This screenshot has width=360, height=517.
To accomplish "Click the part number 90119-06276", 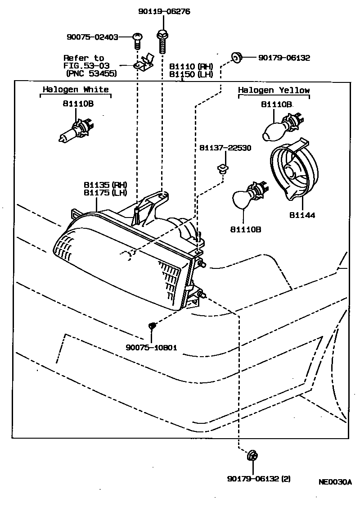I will pos(164,11).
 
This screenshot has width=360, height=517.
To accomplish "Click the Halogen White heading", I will pos(76,90).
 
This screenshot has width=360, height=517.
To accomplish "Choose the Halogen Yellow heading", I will pos(274,91).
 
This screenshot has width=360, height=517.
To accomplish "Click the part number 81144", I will pos(302,215).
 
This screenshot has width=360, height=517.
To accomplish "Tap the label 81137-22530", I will pos(225,148).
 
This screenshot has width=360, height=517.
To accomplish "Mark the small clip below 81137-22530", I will pos(221,169).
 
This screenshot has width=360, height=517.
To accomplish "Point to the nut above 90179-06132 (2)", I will pos(252,456).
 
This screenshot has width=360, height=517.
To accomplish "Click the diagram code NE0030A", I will pos(335,481).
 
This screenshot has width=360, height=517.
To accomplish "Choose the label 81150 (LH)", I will pos(191,74).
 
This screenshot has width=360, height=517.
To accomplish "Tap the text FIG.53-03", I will pos(86,65).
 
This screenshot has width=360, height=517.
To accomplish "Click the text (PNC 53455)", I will pos(91,73).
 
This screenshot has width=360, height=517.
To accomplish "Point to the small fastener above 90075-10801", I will pos(153,325).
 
